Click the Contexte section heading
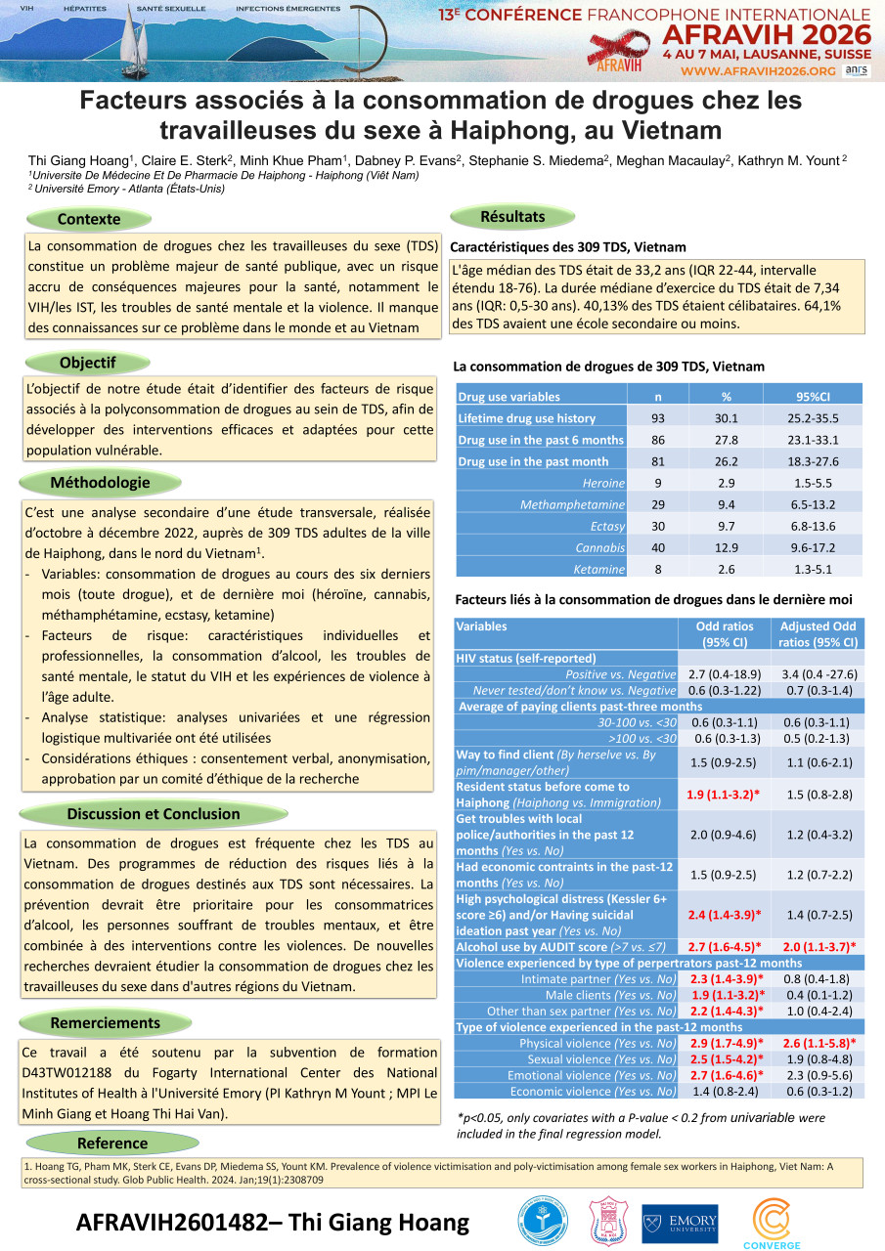(89, 219)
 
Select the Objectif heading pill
(89, 363)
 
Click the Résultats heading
(512, 216)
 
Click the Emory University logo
(680, 1223)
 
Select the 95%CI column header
(814, 397)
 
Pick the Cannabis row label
(599, 547)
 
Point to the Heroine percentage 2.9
(727, 483)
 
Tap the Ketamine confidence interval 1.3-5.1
(814, 569)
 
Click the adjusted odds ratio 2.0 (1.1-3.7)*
(818, 946)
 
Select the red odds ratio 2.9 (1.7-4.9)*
(725, 1043)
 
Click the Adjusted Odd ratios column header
(818, 634)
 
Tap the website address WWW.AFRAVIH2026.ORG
(758, 71)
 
